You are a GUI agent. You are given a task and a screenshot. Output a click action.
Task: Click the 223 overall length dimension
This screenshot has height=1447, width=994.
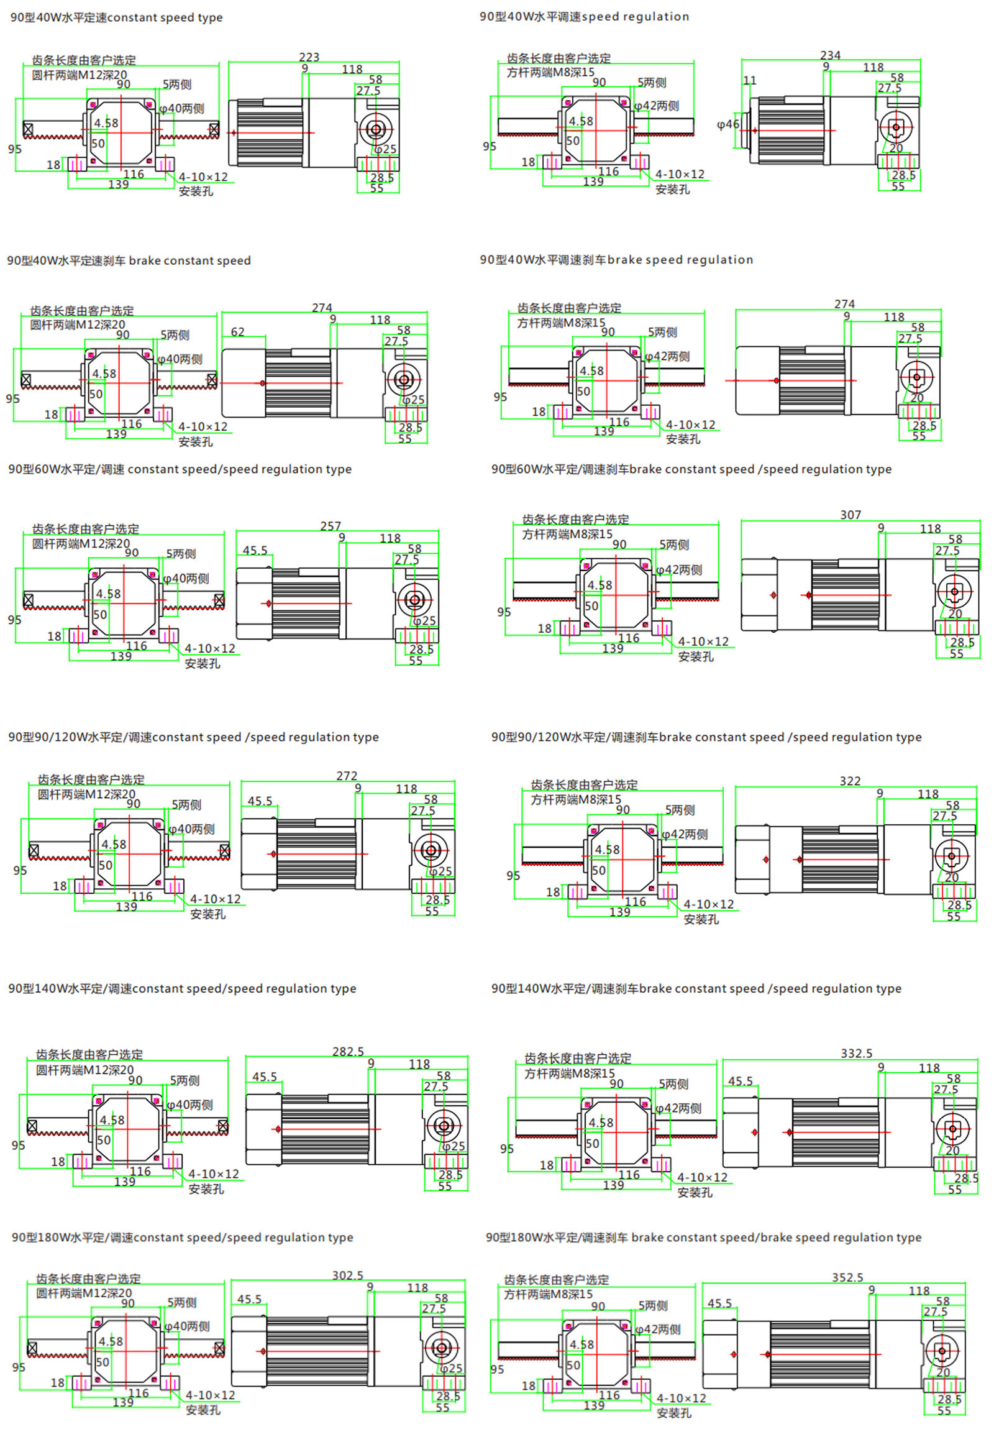tap(309, 57)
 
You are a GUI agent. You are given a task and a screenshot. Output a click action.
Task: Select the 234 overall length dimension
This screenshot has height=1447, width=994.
tap(830, 55)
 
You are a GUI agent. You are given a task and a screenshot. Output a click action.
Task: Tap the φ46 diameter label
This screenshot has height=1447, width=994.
tap(727, 125)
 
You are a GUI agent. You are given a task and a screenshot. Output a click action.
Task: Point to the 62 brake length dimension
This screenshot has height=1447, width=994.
tap(237, 332)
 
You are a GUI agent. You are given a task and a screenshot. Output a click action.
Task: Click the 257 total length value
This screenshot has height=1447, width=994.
tap(330, 526)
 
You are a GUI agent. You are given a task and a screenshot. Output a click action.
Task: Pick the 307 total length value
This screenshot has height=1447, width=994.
tap(850, 515)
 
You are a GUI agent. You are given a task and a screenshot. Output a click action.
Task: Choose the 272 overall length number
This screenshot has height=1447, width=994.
tap(346, 776)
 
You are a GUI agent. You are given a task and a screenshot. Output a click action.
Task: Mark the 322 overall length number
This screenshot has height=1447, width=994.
tap(849, 781)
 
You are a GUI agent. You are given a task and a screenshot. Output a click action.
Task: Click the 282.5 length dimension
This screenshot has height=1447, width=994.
tap(347, 1052)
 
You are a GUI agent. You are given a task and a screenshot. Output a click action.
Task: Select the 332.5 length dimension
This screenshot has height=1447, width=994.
tap(856, 1054)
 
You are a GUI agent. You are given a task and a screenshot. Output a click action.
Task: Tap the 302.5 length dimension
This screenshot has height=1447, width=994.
tap(347, 1275)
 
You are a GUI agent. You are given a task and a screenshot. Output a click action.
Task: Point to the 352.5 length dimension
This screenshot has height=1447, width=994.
tap(847, 1278)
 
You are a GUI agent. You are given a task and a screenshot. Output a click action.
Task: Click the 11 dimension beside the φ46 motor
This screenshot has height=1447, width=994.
tap(750, 81)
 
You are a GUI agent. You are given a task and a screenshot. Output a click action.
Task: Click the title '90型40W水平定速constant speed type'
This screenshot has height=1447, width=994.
tap(116, 18)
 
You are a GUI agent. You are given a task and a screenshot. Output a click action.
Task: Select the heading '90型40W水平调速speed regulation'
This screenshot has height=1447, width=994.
tap(584, 17)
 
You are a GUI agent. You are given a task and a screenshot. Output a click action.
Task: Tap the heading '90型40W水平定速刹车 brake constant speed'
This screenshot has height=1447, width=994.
tap(129, 260)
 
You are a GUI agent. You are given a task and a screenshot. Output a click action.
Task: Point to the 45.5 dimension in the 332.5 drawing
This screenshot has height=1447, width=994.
tap(740, 1081)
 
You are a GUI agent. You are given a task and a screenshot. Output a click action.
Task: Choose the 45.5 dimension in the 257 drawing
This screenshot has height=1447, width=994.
tap(255, 551)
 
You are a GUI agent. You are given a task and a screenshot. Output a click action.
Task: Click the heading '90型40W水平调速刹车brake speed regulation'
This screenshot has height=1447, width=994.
tap(616, 260)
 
